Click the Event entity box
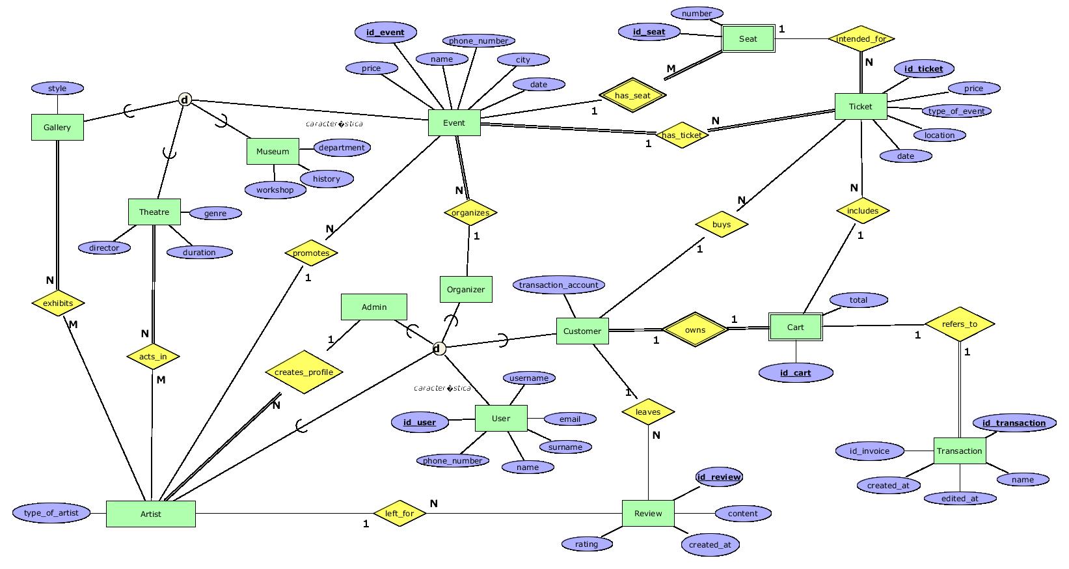(454, 122)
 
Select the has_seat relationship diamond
(632, 96)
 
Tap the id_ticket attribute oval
(923, 68)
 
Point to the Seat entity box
(748, 39)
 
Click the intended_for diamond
(861, 39)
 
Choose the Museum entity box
(273, 151)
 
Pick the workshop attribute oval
(275, 190)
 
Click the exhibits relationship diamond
(58, 303)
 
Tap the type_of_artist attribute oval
(51, 513)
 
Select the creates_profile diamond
(304, 372)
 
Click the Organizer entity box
(466, 289)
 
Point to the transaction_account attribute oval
(559, 284)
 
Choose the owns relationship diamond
(695, 329)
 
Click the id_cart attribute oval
(795, 373)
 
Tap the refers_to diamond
(960, 324)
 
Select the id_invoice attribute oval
(869, 451)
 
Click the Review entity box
(648, 513)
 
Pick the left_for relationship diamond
(399, 513)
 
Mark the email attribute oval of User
(569, 419)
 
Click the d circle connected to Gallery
(185, 100)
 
